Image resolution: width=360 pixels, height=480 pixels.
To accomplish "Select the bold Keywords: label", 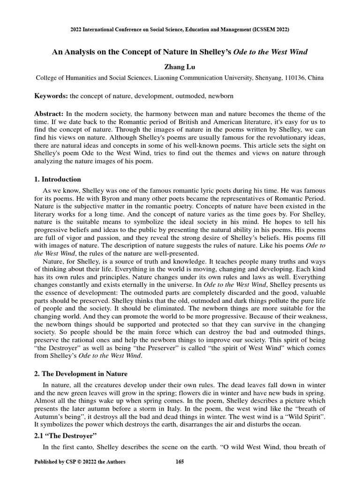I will click(x=51, y=96).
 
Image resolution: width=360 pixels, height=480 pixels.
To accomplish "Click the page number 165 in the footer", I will click(x=180, y=462).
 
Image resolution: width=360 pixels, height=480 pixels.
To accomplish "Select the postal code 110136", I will click(x=291, y=78).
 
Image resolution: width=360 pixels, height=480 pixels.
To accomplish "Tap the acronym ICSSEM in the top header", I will click(x=251, y=30).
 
